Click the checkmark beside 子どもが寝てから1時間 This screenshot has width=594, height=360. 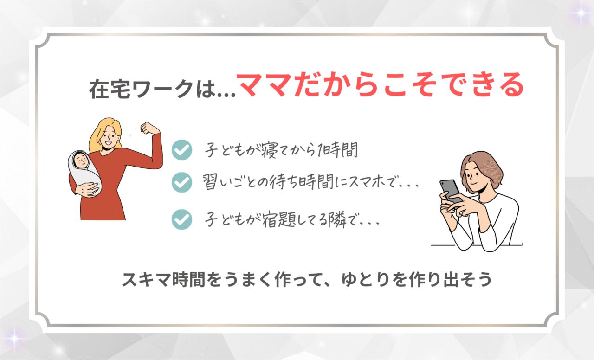pyautogui.click(x=181, y=150)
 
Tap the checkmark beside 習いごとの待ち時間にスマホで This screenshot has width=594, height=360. pyautogui.click(x=181, y=182)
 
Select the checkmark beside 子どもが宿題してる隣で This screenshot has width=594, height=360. pyautogui.click(x=181, y=219)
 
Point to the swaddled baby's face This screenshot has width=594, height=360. pyautogui.click(x=81, y=160)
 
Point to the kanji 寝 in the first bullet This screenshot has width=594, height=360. pyautogui.click(x=270, y=150)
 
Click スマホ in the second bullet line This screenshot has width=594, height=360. pyautogui.click(x=367, y=182)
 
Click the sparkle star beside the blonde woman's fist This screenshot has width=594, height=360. pyautogui.click(x=130, y=135)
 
